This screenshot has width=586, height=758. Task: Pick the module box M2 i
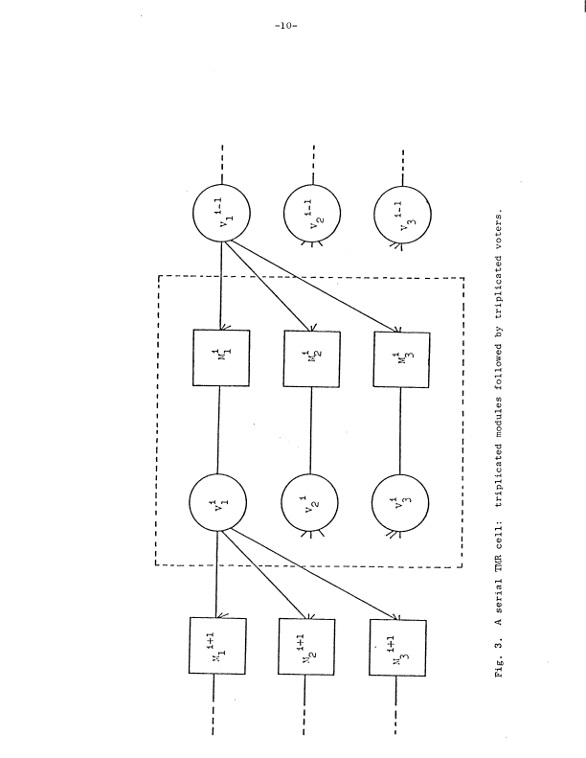click(x=311, y=360)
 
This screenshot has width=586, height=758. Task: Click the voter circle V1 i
click(x=219, y=506)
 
